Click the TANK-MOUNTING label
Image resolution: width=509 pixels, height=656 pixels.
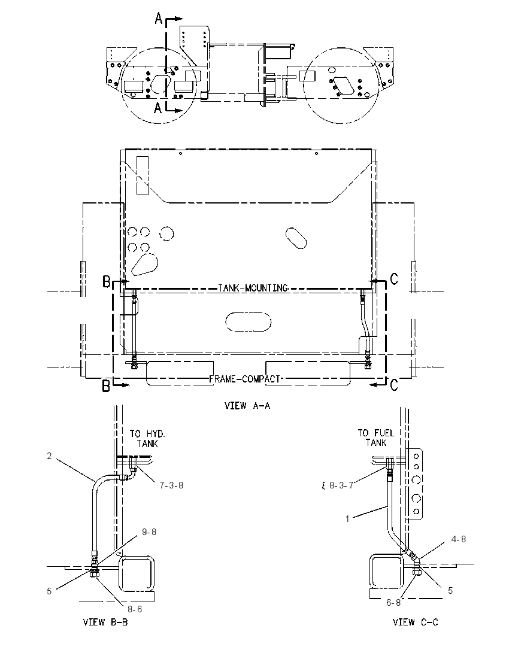(x=253, y=288)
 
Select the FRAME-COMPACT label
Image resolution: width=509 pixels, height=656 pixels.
(x=244, y=379)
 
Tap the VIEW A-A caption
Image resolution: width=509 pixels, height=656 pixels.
(x=247, y=405)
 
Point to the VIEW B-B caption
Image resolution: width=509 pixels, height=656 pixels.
(x=105, y=622)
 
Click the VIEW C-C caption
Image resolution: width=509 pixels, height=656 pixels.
(x=415, y=622)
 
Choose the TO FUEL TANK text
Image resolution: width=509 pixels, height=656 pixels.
(x=375, y=438)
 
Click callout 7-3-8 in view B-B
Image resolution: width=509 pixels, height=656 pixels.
(x=171, y=485)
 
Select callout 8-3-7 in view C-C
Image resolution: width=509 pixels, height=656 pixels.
(x=341, y=485)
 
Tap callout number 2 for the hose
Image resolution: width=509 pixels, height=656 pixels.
(x=49, y=456)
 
